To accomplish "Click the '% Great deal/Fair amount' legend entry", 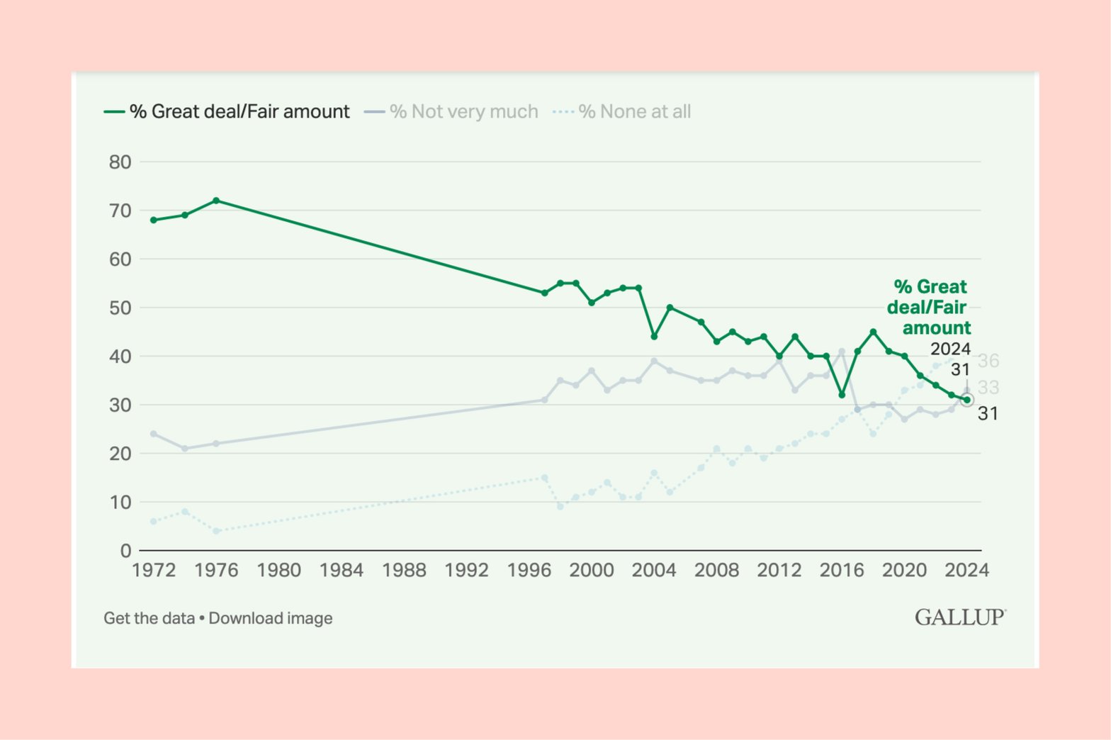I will (227, 111).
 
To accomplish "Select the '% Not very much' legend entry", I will (451, 111).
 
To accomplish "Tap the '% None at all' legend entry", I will (622, 111).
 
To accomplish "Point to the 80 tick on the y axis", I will (120, 162).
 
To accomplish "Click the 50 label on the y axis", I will (120, 308).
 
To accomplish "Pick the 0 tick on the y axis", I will (125, 551).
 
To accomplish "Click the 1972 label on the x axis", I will (154, 571).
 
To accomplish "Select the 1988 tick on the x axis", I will (404, 571).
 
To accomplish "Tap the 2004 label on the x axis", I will (654, 571).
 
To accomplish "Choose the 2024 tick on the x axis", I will (966, 571).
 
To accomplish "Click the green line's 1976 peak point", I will (216, 201).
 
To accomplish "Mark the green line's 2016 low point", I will (842, 395).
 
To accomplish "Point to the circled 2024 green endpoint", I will (966, 400).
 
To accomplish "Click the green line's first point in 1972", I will (154, 220).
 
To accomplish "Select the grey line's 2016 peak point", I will (842, 352).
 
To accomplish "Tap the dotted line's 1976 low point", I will (216, 531).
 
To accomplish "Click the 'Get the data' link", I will (149, 618).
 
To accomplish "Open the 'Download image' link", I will (271, 618).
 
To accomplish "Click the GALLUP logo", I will (960, 617).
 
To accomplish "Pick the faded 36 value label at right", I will (988, 361).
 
